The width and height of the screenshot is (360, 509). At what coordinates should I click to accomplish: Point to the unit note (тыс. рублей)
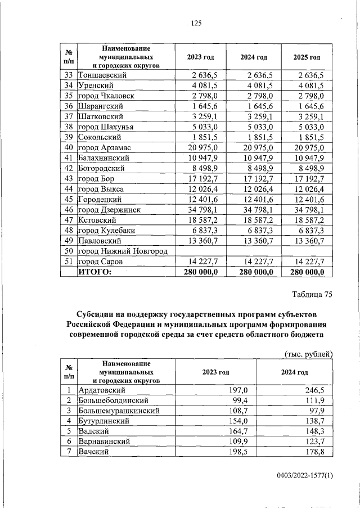pyautogui.click(x=308, y=353)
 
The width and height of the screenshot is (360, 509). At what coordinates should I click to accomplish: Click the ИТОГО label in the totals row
pyautogui.click(x=94, y=272)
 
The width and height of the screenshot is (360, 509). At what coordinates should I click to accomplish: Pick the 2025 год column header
pyautogui.click(x=307, y=57)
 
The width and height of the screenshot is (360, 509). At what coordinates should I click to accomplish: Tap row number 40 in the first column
pyautogui.click(x=69, y=147)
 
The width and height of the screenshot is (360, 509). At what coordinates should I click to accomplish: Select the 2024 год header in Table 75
pyautogui.click(x=295, y=372)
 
